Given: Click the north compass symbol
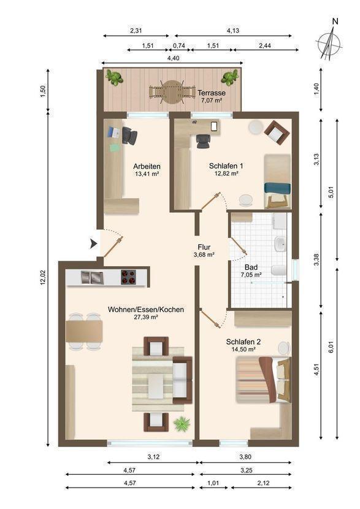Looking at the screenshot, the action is pyautogui.click(x=329, y=43).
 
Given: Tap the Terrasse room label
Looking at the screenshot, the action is pyautogui.click(x=212, y=93).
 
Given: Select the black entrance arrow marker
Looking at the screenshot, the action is pyautogui.click(x=93, y=244).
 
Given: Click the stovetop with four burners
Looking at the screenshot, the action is pyautogui.click(x=128, y=277).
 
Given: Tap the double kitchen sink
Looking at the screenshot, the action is pyautogui.click(x=92, y=277).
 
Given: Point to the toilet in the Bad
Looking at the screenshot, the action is pyautogui.click(x=279, y=270).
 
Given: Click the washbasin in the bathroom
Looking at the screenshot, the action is pyautogui.click(x=280, y=244).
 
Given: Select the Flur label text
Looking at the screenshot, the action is pyautogui.click(x=204, y=247).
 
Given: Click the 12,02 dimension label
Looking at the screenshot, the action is pyautogui.click(x=43, y=278).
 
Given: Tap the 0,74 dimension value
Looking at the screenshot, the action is pyautogui.click(x=179, y=45).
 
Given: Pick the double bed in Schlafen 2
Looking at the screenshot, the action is pyautogui.click(x=263, y=380).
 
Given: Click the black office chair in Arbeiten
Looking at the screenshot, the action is pyautogui.click(x=129, y=136).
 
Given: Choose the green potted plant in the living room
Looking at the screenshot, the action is pyautogui.click(x=182, y=424).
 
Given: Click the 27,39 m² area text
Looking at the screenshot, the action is pyautogui.click(x=146, y=317).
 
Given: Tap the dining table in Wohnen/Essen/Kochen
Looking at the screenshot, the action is pyautogui.click(x=85, y=331).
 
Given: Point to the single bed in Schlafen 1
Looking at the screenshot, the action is pyautogui.click(x=277, y=181).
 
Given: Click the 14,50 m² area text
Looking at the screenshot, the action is pyautogui.click(x=243, y=350).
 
